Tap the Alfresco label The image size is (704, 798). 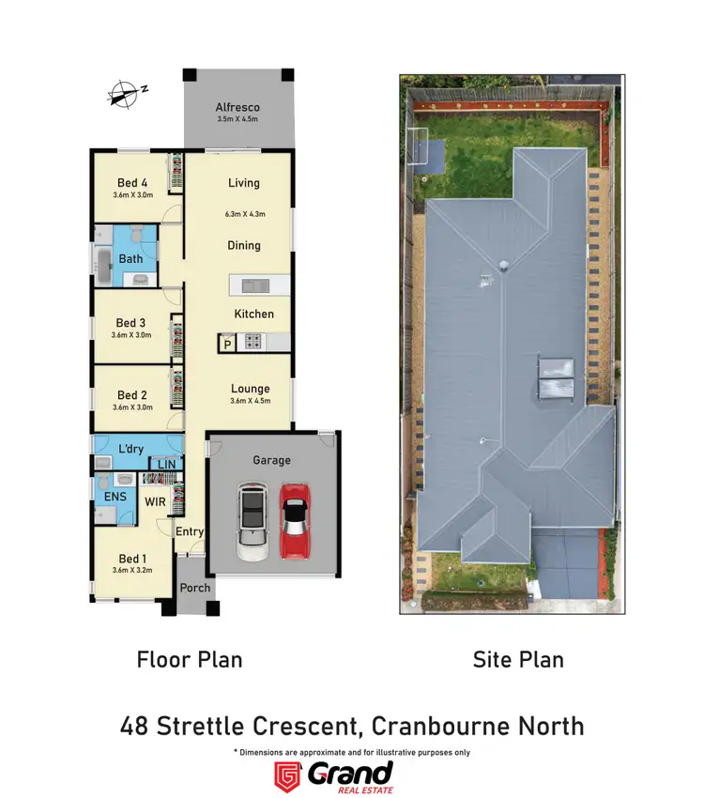(237, 108)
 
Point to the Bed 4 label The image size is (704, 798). (132, 183)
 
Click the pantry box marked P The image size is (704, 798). (227, 345)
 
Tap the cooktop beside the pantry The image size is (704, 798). (253, 343)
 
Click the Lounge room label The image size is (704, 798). (250, 389)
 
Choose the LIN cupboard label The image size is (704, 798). (167, 465)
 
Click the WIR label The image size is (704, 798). (155, 502)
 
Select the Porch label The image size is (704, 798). (195, 588)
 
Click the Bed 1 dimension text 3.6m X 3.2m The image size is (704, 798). (131, 569)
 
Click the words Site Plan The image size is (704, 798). (518, 659)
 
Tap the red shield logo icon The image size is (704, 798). (286, 775)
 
